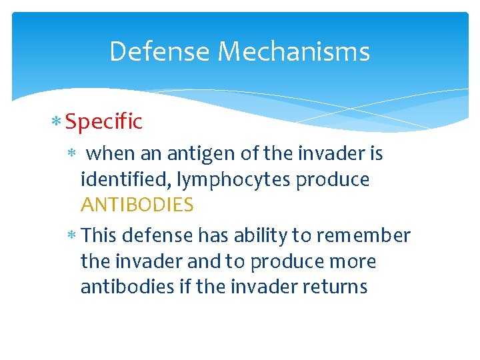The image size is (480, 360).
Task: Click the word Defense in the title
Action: [x=160, y=51]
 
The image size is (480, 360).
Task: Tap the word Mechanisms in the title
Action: [x=294, y=51]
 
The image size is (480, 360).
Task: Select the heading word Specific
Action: [x=104, y=122]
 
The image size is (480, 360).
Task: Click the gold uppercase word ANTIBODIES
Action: [x=137, y=205]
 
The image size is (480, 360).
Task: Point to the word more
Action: [x=354, y=262]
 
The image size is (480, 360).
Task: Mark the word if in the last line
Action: [x=186, y=287]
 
